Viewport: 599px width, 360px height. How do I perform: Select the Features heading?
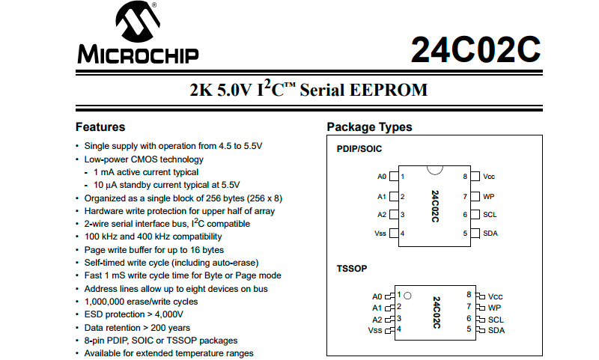coord(100,127)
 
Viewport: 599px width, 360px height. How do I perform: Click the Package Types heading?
coord(369,127)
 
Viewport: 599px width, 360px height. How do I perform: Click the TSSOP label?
coord(352,267)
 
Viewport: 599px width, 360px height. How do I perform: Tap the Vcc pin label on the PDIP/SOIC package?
coord(489,177)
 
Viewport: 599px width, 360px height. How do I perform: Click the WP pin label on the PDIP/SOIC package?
coord(488,196)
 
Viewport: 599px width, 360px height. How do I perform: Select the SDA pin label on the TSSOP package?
coord(496,330)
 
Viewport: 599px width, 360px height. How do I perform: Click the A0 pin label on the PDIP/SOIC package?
coord(382,177)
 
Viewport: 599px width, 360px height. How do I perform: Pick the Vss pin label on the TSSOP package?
coord(375,329)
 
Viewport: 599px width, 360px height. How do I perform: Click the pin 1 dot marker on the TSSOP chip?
coord(408,296)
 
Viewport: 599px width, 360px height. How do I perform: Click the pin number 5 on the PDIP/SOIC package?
coord(465,234)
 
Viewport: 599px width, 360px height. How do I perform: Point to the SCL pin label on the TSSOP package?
coord(496,319)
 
